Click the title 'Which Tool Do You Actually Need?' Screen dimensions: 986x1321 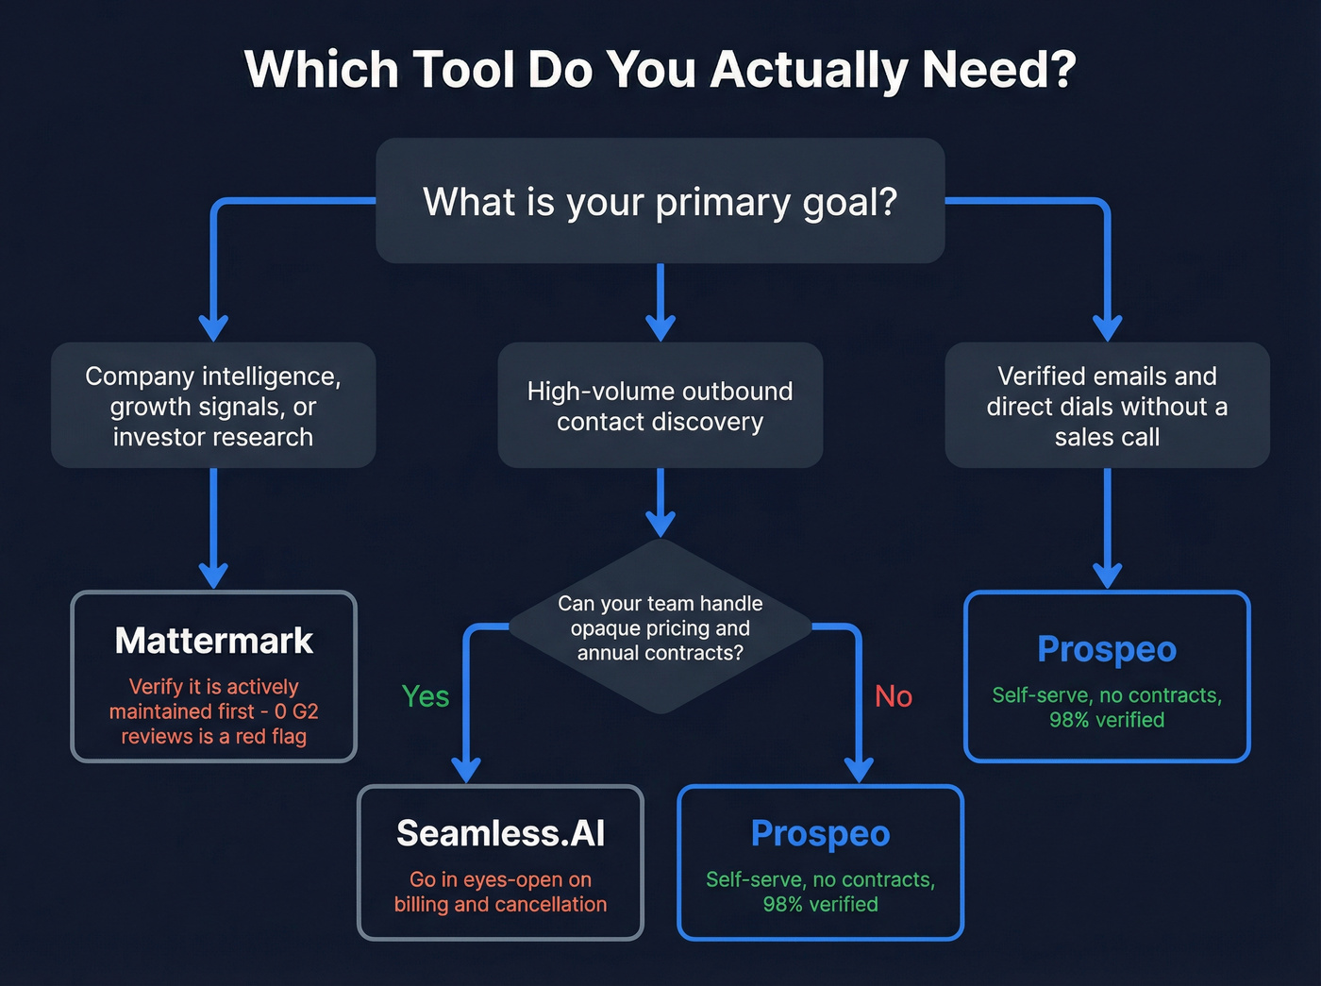click(x=660, y=70)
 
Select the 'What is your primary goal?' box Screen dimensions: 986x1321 click(x=660, y=201)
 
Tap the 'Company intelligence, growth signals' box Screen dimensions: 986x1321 click(x=213, y=406)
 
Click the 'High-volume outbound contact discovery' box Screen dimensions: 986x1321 click(x=660, y=406)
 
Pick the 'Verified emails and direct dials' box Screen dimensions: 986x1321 click(x=1107, y=406)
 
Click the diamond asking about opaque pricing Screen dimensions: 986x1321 click(x=660, y=627)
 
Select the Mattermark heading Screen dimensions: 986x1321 click(x=213, y=641)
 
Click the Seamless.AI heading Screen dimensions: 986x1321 click(x=500, y=833)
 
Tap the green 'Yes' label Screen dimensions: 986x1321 click(x=426, y=696)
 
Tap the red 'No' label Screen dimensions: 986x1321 click(x=893, y=696)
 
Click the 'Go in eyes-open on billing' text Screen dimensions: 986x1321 click(x=500, y=892)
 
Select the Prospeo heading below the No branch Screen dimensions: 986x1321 click(x=820, y=833)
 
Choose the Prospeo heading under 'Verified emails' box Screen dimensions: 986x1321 click(x=1107, y=649)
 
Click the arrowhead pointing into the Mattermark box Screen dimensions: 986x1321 click(x=213, y=575)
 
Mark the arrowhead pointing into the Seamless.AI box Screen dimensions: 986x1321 click(x=466, y=769)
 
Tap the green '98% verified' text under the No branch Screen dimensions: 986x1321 click(x=820, y=904)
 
